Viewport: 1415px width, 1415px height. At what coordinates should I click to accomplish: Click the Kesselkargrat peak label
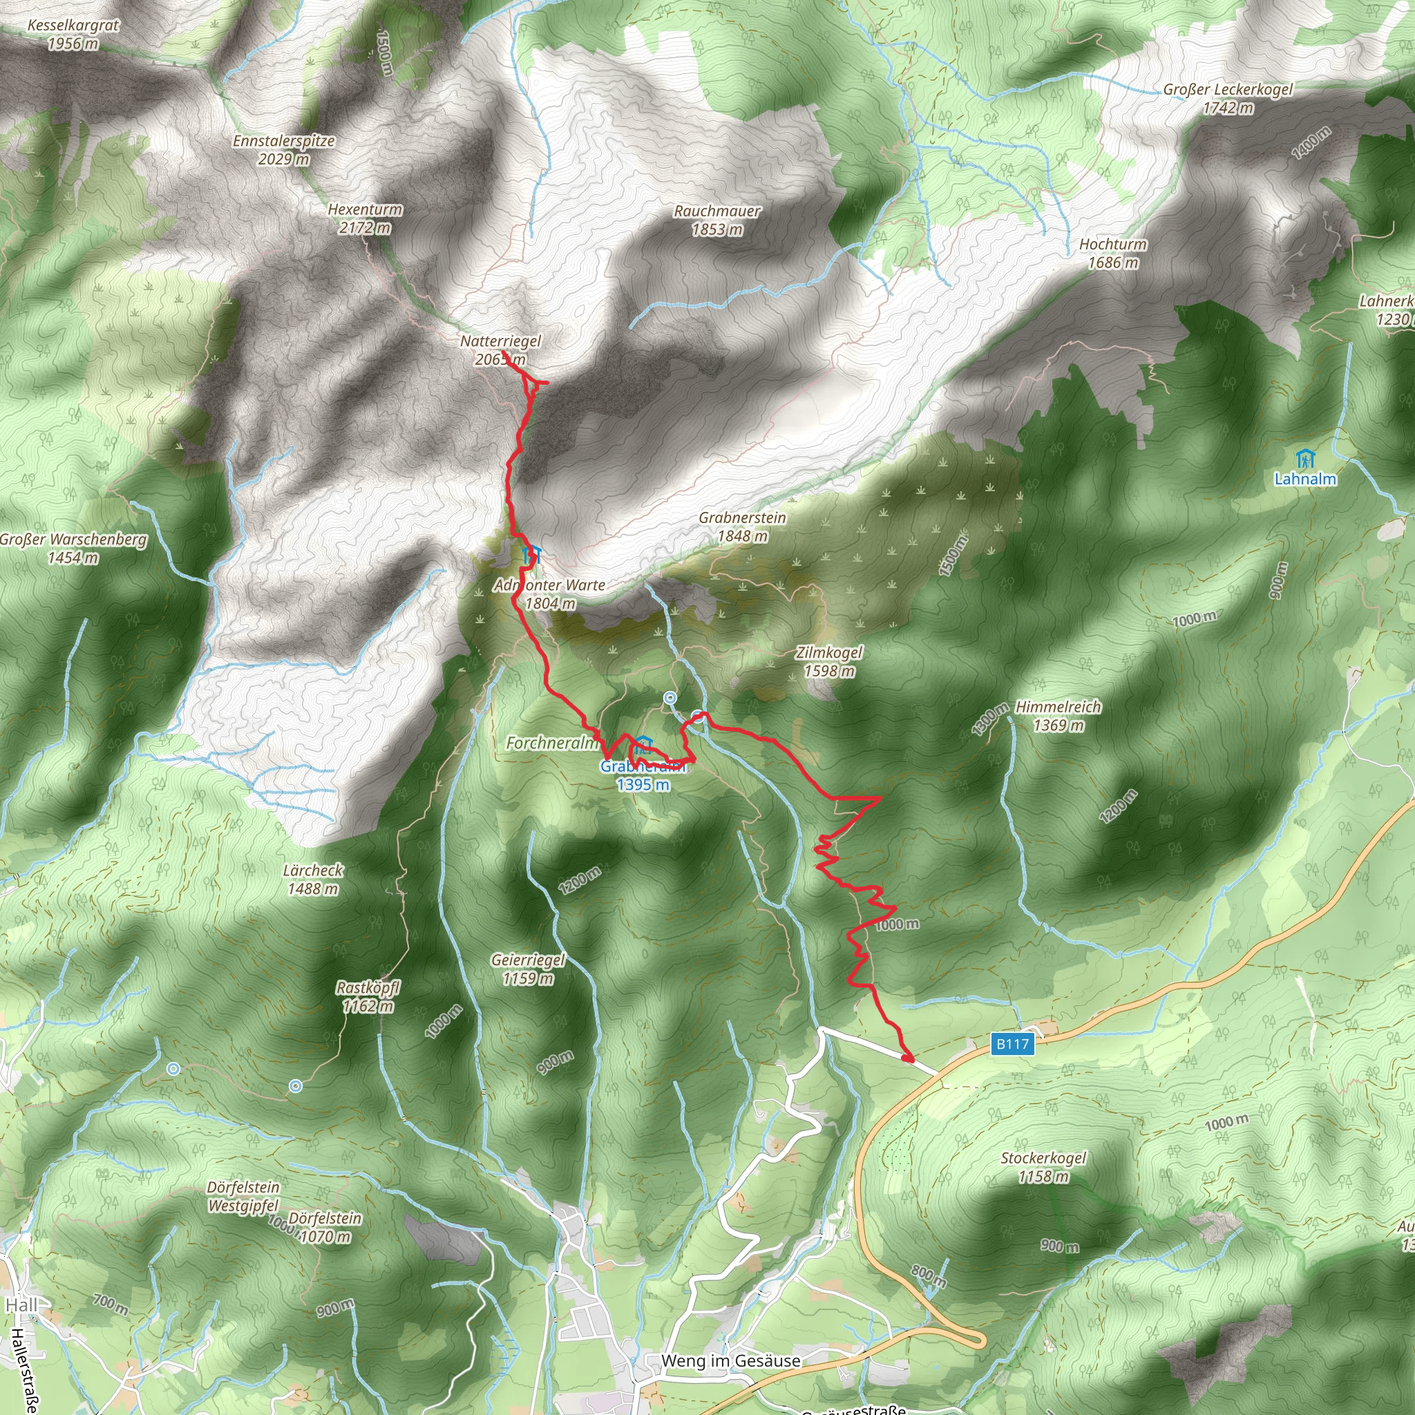(x=73, y=35)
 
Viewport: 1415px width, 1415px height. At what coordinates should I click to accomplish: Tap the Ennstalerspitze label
(x=283, y=149)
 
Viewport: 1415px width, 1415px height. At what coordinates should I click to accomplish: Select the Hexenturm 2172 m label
(x=365, y=218)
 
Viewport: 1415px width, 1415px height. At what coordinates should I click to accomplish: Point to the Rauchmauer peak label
(x=717, y=220)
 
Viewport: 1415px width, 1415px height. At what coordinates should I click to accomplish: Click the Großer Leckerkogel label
(x=1228, y=98)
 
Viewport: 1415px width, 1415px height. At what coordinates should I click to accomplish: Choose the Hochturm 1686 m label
(x=1112, y=253)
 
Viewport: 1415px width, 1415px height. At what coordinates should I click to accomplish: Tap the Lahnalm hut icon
(x=1304, y=460)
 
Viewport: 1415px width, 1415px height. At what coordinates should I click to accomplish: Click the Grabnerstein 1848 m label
(x=742, y=526)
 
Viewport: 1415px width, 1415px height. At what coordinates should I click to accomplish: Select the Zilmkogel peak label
(x=829, y=661)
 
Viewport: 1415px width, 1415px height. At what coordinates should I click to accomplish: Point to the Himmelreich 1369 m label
(x=1058, y=716)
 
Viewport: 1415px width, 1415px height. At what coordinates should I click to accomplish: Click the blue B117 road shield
(x=1013, y=1044)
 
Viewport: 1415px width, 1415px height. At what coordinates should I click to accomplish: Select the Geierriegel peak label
(x=528, y=968)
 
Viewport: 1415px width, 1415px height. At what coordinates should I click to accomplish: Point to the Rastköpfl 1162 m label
(x=368, y=997)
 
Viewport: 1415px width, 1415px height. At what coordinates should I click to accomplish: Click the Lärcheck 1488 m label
(x=313, y=879)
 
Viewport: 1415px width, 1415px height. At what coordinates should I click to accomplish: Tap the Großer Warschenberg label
(x=73, y=549)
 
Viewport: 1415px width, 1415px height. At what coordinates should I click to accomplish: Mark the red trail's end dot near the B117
(x=907, y=1058)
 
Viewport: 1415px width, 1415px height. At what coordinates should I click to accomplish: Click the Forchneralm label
(x=551, y=743)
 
